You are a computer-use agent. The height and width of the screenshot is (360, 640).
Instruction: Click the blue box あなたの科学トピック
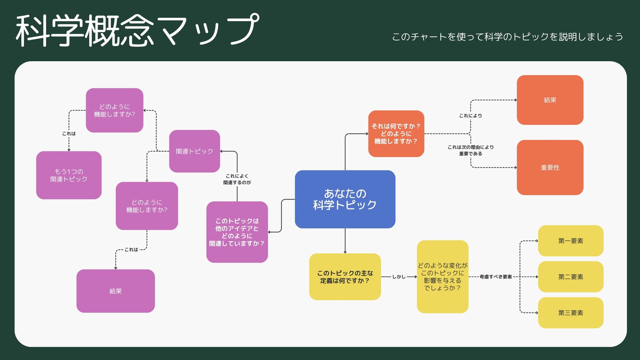345,199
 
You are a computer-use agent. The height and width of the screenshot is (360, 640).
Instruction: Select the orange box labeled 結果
550,100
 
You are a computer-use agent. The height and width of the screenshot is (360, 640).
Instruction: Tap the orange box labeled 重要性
550,168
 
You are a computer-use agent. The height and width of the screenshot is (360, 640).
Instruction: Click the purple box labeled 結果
115,291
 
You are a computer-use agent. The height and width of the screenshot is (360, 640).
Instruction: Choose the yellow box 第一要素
570,241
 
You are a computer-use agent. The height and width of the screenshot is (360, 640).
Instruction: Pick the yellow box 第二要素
570,277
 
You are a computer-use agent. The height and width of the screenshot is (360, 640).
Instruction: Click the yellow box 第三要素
570,313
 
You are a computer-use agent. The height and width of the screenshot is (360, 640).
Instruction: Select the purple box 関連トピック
194,151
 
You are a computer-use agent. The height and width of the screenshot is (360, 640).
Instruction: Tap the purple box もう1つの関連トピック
69,175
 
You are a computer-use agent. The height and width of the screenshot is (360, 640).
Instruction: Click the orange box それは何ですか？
396,134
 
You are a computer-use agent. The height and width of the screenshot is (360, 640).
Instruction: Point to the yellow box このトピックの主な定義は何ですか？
345,277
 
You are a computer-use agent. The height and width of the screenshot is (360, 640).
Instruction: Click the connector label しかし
398,277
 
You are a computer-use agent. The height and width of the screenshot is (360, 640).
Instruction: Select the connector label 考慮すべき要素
496,277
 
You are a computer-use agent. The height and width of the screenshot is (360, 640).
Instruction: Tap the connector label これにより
470,116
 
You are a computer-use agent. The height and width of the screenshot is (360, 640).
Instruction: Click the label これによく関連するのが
237,179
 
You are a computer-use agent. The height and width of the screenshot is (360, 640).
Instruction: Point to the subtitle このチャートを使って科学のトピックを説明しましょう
507,37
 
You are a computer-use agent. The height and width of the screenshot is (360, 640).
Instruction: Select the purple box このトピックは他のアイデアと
237,232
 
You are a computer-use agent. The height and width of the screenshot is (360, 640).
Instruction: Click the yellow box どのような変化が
442,277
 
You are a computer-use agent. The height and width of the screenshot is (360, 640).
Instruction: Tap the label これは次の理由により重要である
470,150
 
